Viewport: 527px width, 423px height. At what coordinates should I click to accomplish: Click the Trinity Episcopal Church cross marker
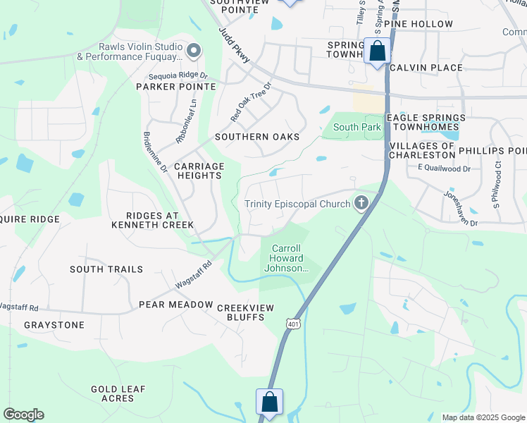click(361, 204)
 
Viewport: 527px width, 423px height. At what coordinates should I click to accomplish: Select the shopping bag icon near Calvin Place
click(378, 51)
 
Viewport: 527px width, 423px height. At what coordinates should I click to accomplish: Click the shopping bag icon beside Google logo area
click(269, 403)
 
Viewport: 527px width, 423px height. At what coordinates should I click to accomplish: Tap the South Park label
click(357, 128)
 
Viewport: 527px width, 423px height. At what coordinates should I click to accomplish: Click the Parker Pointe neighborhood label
click(175, 87)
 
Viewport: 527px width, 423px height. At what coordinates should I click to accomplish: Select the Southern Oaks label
click(257, 137)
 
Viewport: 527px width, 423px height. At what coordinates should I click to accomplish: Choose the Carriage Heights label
click(199, 171)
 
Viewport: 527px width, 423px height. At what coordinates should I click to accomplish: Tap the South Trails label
click(106, 269)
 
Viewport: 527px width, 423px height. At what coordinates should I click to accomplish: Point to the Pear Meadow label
click(175, 305)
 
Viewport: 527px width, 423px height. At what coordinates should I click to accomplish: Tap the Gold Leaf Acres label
click(118, 393)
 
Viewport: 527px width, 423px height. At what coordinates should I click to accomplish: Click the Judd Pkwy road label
click(235, 47)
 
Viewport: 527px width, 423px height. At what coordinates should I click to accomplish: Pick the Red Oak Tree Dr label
click(250, 104)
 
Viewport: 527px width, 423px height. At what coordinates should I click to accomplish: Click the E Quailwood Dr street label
click(444, 168)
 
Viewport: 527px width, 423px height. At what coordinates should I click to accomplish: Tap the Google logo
click(23, 415)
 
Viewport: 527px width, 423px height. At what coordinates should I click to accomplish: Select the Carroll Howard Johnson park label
click(287, 258)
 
